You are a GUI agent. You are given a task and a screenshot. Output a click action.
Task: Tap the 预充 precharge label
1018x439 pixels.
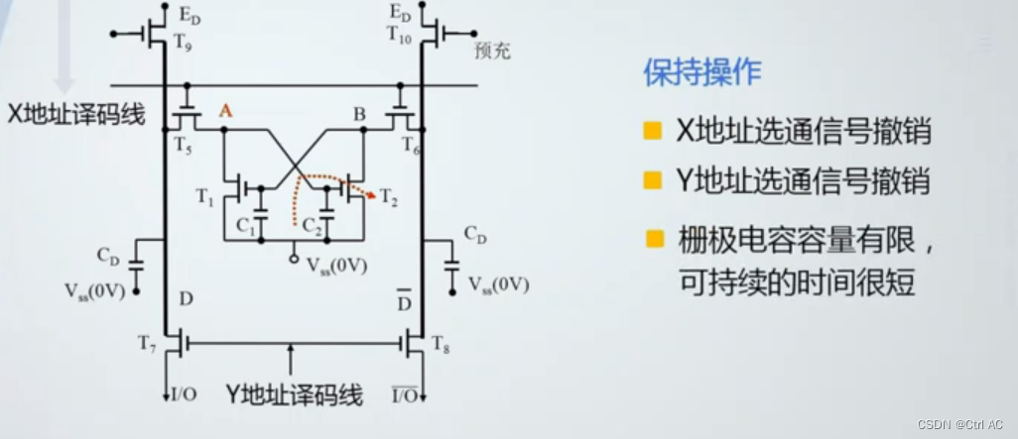tap(492, 50)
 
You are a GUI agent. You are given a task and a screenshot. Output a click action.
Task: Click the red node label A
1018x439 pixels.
tap(225, 112)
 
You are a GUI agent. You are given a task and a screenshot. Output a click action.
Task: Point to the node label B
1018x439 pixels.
tap(359, 113)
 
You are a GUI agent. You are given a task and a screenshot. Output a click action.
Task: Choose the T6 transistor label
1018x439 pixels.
tap(411, 145)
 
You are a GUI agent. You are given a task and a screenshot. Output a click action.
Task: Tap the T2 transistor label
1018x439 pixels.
tap(389, 201)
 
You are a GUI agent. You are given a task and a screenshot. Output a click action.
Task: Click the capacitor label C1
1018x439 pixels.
tap(246, 223)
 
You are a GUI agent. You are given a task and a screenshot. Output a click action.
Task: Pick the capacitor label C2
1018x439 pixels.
tap(313, 224)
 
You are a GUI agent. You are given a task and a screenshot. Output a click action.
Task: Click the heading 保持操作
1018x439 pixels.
tap(703, 72)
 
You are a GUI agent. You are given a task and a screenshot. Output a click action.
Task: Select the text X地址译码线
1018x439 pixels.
tap(76, 114)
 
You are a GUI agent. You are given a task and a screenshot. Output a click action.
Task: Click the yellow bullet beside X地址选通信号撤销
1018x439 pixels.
tap(652, 132)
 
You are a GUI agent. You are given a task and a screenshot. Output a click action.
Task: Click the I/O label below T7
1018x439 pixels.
tap(183, 394)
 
